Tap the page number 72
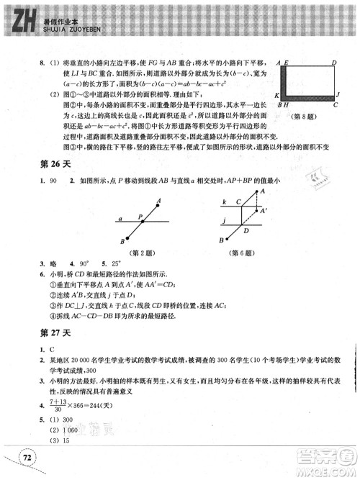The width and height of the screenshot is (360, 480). [27, 457]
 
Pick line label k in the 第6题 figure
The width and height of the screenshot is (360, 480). [225, 202]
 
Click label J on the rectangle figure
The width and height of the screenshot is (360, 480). [337, 94]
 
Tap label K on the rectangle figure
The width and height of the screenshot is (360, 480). [277, 95]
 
